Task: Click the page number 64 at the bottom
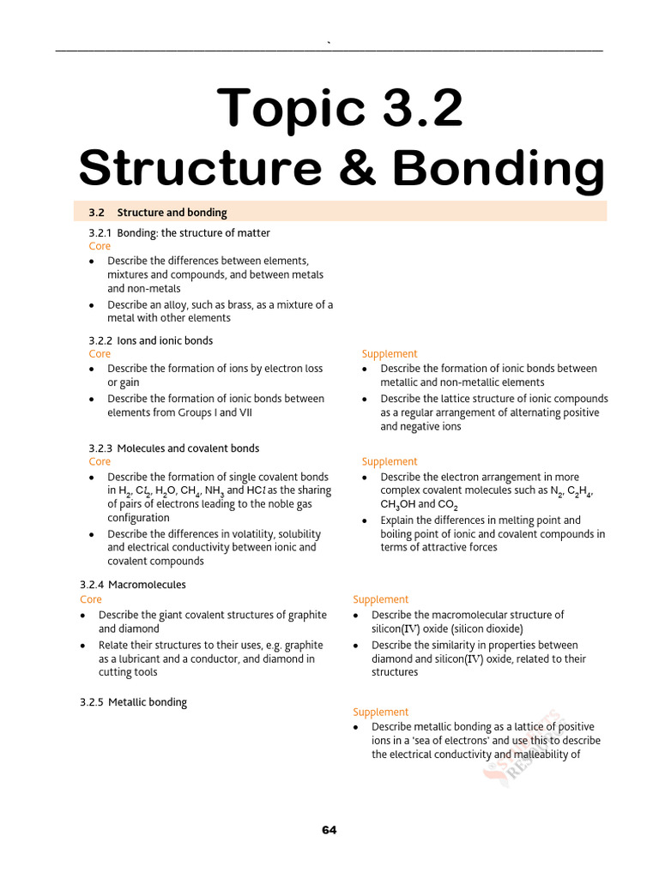(x=329, y=830)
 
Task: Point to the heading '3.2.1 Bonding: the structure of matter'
(x=179, y=233)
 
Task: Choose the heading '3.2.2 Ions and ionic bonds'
(x=151, y=340)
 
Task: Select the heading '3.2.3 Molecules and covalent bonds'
(x=174, y=448)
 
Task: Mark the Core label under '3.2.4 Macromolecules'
(x=91, y=599)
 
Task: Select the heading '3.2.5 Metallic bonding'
(x=133, y=702)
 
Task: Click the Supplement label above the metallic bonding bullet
(x=380, y=712)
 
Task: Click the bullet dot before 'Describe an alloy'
(x=93, y=305)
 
